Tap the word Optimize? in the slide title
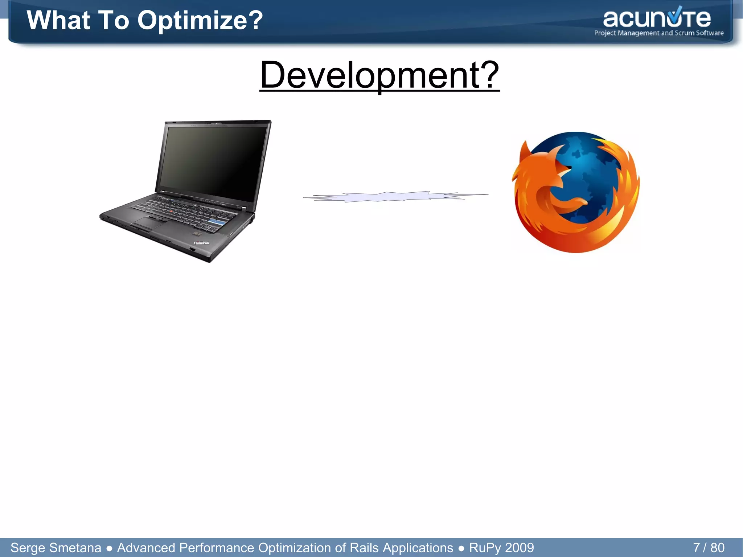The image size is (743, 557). point(200,20)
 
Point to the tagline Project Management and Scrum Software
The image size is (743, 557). point(659,33)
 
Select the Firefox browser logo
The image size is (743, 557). point(576,192)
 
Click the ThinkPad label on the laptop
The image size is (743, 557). point(201,243)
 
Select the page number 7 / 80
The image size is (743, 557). point(709,547)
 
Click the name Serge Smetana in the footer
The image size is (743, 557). point(56,548)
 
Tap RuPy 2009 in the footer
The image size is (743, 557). point(501,548)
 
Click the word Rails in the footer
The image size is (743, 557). point(363,548)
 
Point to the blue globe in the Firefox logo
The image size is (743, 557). point(588,171)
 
